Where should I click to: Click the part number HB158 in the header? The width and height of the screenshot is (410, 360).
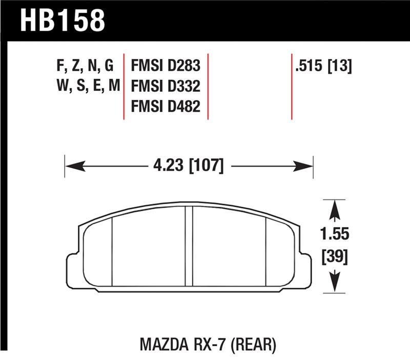(63, 20)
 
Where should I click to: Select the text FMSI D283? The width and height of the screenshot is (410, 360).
(166, 67)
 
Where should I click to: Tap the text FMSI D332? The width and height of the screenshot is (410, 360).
(166, 86)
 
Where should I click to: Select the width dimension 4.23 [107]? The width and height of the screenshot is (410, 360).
(188, 166)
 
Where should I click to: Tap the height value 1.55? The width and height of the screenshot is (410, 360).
(335, 234)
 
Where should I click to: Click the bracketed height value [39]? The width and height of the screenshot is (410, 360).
(335, 256)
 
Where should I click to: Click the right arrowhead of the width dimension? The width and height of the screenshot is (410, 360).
(305, 166)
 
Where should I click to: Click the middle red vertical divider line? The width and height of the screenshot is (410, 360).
(208, 86)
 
